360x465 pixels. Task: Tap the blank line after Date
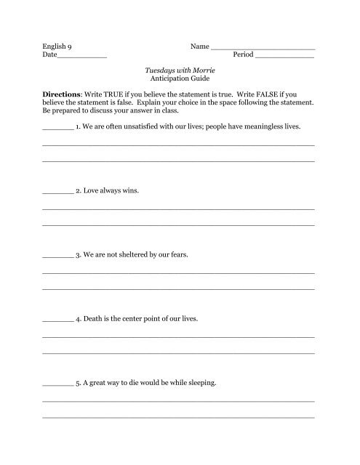81,57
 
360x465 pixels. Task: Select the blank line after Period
286,57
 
